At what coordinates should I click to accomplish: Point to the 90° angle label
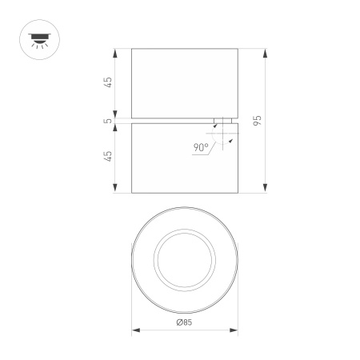(x=201, y=147)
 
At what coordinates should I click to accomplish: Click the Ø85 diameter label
(x=184, y=322)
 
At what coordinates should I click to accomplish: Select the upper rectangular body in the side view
(x=185, y=83)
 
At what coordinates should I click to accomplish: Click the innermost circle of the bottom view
(x=185, y=263)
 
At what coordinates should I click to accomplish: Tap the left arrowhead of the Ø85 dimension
(x=137, y=330)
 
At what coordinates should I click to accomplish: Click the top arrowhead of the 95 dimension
(x=265, y=53)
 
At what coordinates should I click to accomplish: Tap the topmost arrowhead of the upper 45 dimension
(x=117, y=53)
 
